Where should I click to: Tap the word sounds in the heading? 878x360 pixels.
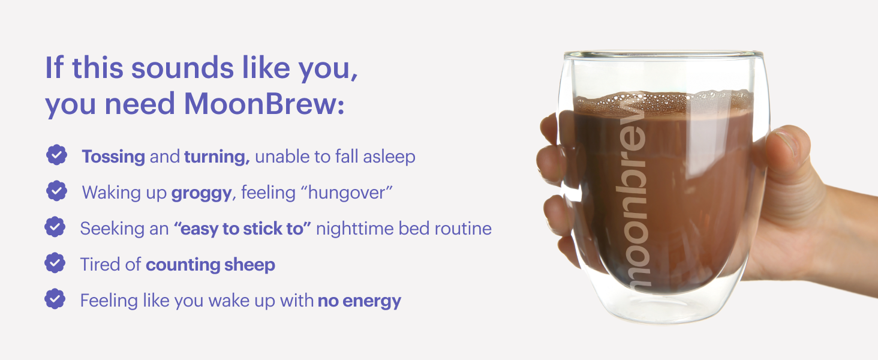(x=182, y=68)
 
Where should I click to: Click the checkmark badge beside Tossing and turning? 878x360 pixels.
(x=57, y=155)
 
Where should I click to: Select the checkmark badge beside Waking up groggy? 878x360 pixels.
(x=57, y=191)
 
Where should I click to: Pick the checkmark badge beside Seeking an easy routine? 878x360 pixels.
(x=55, y=227)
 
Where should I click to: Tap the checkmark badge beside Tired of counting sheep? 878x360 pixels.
(x=55, y=263)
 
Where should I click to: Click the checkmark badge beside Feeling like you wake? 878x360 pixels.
(x=55, y=299)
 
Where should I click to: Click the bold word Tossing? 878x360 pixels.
(x=113, y=157)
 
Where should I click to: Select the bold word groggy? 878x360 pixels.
(x=202, y=193)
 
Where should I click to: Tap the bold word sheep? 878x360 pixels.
(x=249, y=265)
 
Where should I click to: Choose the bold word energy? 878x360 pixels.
(x=372, y=302)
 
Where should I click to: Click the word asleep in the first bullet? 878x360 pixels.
(x=389, y=157)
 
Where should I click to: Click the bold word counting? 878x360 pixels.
(x=183, y=265)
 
